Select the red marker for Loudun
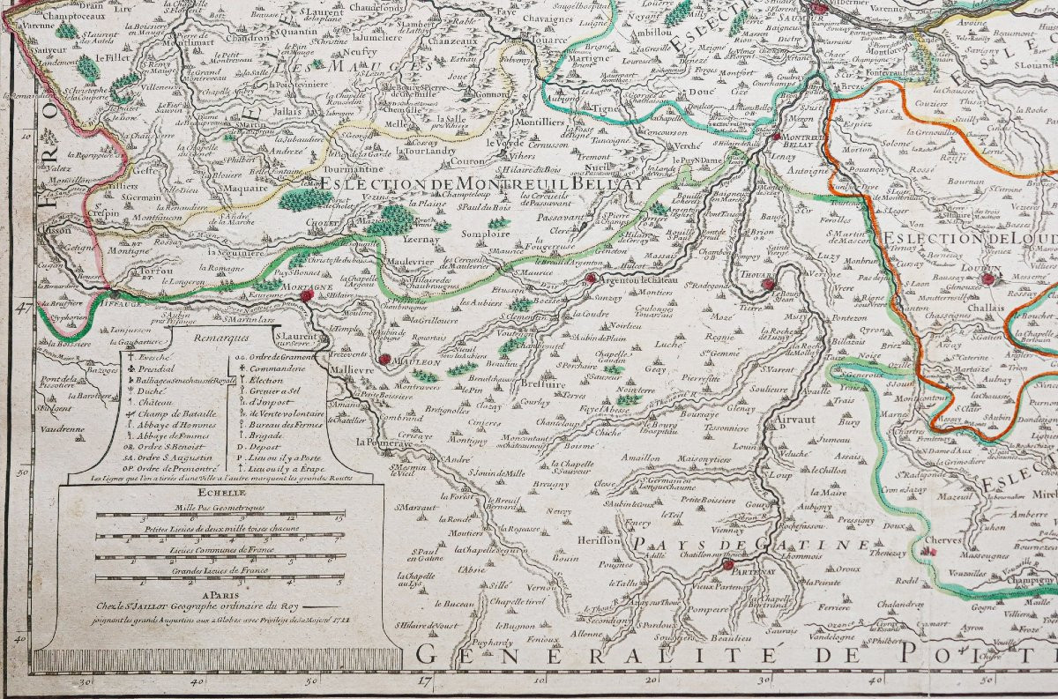click(x=988, y=279)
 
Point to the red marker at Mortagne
click(x=306, y=297)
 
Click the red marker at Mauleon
click(x=384, y=359)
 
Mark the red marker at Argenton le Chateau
click(x=589, y=279)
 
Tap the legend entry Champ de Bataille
click(x=168, y=412)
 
